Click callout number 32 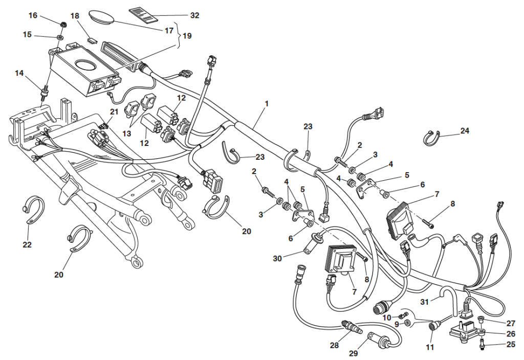194,15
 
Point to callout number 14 19,73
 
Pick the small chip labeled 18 92,39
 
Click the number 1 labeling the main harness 267,103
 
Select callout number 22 27,245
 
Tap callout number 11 430,348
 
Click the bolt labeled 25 482,346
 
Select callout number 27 511,323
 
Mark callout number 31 424,302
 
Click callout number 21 114,112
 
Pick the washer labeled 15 60,37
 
